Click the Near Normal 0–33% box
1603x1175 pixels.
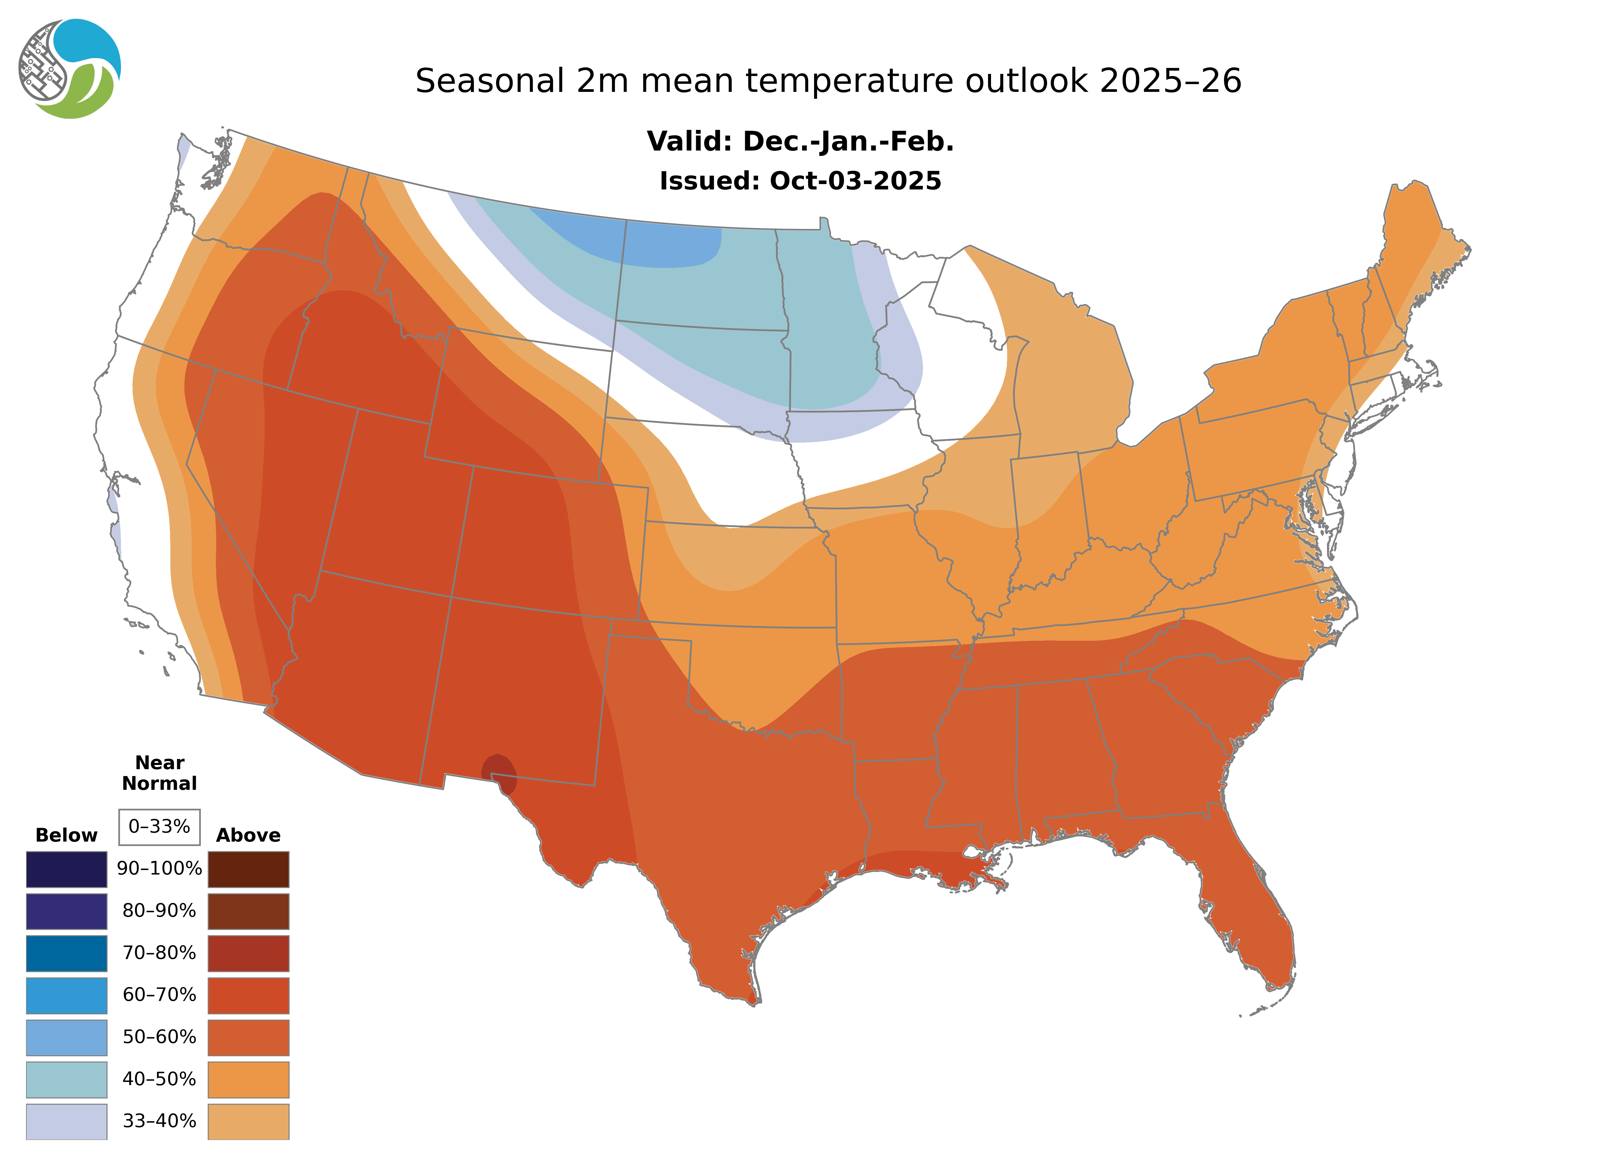[x=159, y=827]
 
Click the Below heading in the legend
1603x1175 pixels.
[x=66, y=835]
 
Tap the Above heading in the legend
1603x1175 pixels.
[x=248, y=835]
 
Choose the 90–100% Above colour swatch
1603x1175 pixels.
[x=248, y=869]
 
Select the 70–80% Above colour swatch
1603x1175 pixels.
[x=248, y=953]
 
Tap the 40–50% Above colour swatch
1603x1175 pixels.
[x=248, y=1079]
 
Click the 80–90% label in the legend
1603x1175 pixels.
[x=159, y=911]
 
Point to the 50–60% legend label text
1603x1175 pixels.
[x=159, y=1037]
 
